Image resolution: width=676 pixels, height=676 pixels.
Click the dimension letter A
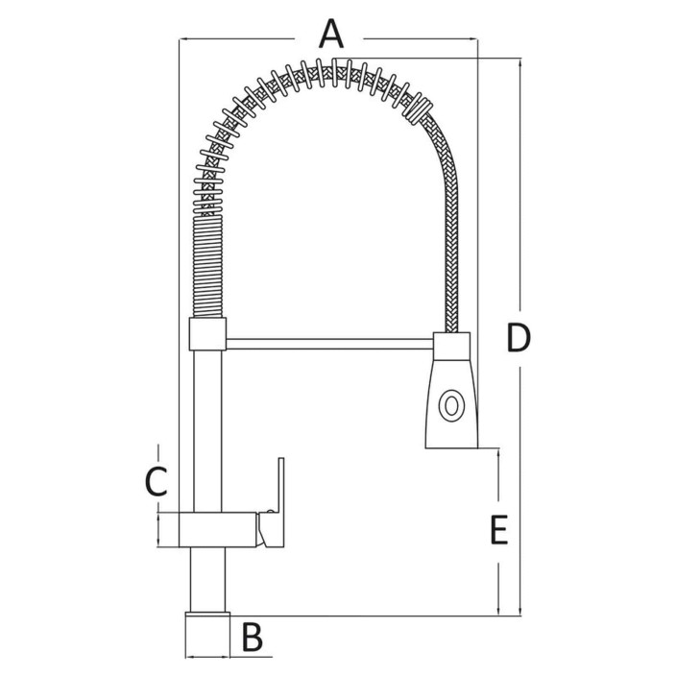[331, 34]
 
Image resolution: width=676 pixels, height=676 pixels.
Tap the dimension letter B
[252, 638]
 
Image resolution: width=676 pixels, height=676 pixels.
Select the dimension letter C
[156, 482]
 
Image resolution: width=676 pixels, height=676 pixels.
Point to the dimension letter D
[519, 338]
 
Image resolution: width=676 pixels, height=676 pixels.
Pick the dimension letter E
[499, 529]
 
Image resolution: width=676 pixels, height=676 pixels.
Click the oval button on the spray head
[451, 405]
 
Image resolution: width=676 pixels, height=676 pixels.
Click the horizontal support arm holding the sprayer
[329, 344]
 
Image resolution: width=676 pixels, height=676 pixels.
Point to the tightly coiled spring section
[207, 267]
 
